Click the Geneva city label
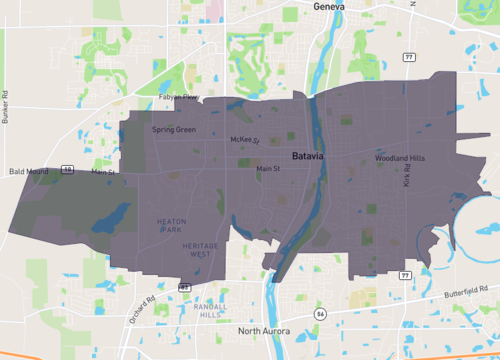click(328, 6)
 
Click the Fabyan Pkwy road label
click(179, 96)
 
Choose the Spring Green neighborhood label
click(174, 130)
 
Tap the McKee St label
click(245, 140)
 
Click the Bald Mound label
click(29, 172)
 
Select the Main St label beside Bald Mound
click(104, 172)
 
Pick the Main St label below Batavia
click(269, 169)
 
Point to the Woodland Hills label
click(400, 159)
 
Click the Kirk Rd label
click(408, 178)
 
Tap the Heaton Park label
click(172, 225)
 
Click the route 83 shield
click(185, 288)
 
